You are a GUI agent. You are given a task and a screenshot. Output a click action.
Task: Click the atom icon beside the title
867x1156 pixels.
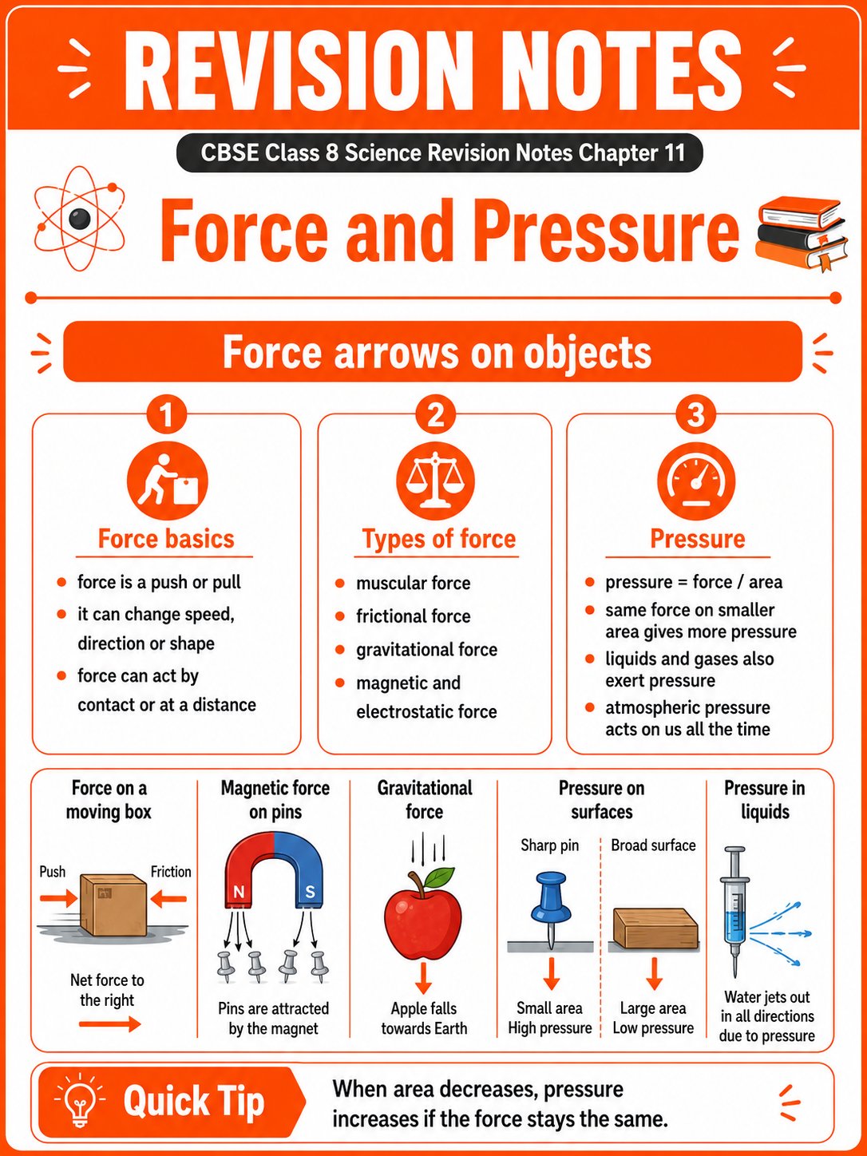point(80,218)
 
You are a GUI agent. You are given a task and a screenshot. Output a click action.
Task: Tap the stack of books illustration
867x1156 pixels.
point(802,234)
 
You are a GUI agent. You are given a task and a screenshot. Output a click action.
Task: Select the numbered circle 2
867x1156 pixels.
point(435,414)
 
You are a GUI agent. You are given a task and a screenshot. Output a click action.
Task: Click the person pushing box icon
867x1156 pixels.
point(168,481)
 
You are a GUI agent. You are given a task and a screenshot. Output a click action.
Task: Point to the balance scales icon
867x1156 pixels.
point(435,481)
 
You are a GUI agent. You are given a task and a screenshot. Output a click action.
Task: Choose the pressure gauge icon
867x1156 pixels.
point(696,481)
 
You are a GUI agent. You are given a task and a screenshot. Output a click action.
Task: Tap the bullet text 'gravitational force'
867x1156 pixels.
point(426,649)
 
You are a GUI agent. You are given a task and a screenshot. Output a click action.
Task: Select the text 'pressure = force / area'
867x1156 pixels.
point(694,582)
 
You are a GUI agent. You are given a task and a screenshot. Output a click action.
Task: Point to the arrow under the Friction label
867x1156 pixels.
point(168,899)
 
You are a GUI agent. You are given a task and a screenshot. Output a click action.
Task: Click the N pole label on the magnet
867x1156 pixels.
point(239,892)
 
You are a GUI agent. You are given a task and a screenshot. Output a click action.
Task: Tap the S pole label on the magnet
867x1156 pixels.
point(310,892)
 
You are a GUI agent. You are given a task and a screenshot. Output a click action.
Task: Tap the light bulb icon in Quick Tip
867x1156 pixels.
point(80,1101)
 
